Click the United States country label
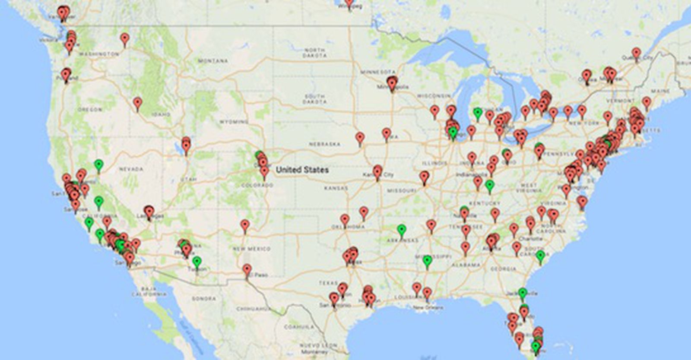pos(302,170)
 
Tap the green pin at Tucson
pos(197,261)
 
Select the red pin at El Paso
pos(247,269)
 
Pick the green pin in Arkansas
pos(402,229)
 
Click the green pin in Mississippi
pos(427,260)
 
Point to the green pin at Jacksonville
pos(523,293)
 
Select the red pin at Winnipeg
pos(349,3)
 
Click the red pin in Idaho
pos(137,103)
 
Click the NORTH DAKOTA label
pos(314,53)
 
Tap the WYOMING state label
pos(234,122)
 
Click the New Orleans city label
pos(428,308)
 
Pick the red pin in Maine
pos(646,102)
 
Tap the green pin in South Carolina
pos(540,256)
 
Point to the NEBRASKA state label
pos(325,144)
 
